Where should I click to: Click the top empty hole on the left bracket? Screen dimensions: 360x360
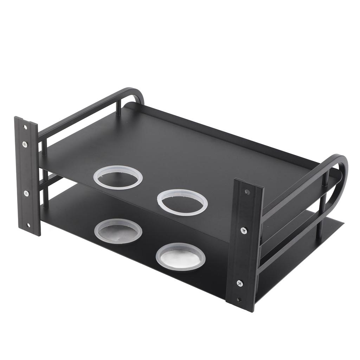coord(25,127)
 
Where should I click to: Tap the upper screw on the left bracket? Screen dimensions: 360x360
coord(25,144)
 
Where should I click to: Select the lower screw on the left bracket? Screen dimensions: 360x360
coord(26,193)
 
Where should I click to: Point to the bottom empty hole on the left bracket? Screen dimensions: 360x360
coord(28,225)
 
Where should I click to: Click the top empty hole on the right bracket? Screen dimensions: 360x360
coord(247,192)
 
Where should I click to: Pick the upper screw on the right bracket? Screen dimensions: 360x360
coord(244,230)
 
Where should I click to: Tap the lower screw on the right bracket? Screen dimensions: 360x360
coord(240,283)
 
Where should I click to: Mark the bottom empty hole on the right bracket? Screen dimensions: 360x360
coord(239,300)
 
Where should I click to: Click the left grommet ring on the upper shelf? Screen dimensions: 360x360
coord(118,177)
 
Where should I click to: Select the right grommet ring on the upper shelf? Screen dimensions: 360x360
coord(182,202)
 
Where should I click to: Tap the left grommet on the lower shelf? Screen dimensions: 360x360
coord(118,231)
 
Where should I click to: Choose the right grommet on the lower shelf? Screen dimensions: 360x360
coord(180,257)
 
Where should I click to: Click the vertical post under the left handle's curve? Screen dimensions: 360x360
coord(118,108)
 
